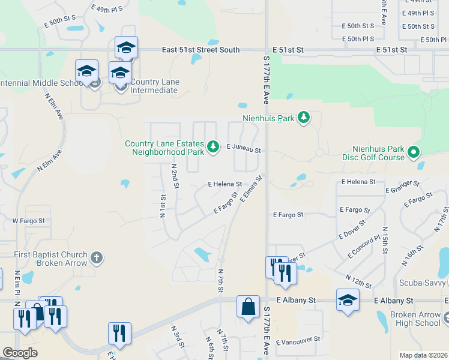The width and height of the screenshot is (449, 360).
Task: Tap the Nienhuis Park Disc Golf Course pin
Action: click(413, 153)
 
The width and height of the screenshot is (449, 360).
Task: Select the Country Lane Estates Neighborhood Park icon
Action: click(212, 146)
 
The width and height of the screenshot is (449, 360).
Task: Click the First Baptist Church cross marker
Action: click(96, 259)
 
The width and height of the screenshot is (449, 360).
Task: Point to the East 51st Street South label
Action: click(200, 50)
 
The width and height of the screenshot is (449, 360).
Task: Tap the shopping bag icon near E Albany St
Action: click(248, 307)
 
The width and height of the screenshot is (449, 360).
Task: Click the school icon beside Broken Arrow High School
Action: click(348, 301)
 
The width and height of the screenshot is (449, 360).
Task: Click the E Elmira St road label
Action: click(252, 189)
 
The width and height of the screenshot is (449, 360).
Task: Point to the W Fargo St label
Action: click(29, 221)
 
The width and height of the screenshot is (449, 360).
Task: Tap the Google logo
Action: click(20, 353)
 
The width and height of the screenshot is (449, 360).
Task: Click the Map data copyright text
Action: click(423, 355)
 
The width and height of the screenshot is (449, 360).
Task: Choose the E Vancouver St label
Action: click(298, 341)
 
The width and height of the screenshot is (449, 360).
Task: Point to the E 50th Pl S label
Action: click(358, 39)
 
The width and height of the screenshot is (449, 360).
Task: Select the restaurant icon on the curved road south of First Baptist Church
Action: click(119, 334)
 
